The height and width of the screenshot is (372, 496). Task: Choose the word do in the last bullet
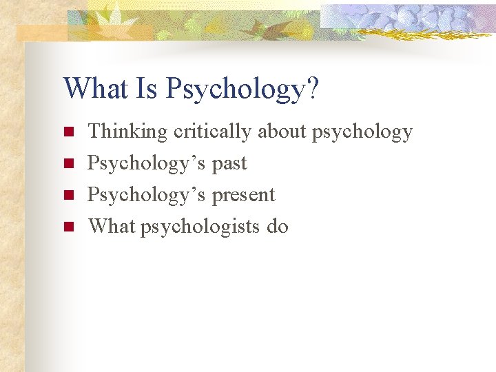click(277, 226)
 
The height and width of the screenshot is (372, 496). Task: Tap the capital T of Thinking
click(94, 131)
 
